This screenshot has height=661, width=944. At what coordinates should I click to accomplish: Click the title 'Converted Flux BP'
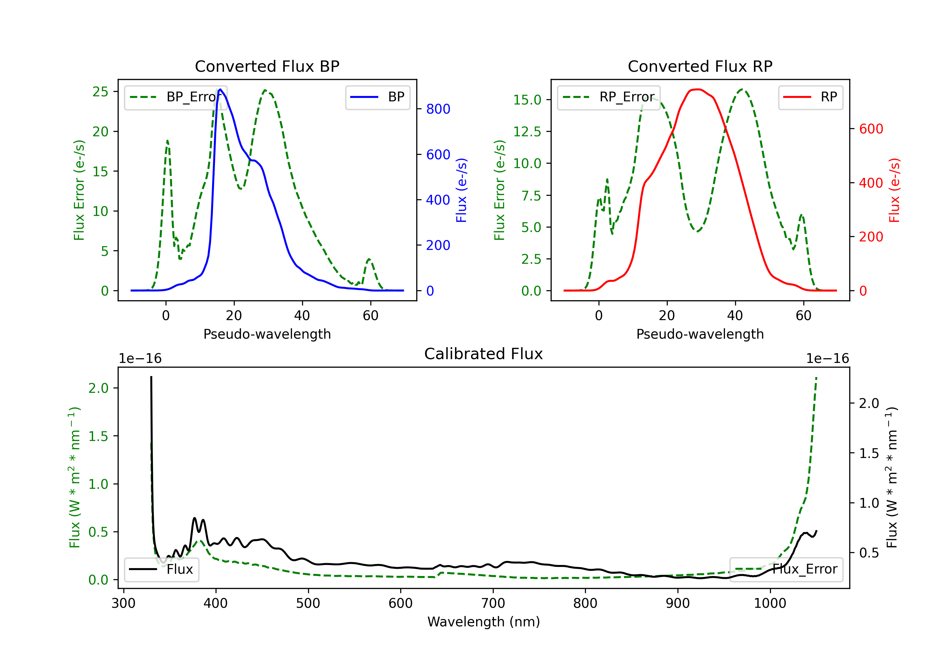coord(267,66)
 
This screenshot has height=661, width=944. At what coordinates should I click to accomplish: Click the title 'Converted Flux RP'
coord(700,66)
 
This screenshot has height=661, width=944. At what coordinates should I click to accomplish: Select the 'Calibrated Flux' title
coord(484,354)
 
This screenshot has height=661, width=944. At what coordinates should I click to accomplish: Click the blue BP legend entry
coord(377,97)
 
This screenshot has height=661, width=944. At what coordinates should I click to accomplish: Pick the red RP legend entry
coord(810,97)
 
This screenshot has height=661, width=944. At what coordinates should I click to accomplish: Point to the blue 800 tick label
coord(438,109)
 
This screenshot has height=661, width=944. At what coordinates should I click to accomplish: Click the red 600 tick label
coord(871,129)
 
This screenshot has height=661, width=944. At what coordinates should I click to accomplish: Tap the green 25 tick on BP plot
coord(100,91)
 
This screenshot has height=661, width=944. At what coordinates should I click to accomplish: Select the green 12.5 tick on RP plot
coord(527,132)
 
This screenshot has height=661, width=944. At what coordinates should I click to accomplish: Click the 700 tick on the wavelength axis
coord(492,603)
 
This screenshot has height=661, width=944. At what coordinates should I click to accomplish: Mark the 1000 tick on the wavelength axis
coord(770,603)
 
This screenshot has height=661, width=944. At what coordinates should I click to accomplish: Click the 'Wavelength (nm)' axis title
coord(484,622)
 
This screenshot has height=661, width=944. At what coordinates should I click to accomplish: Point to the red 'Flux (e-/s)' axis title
coord(895,190)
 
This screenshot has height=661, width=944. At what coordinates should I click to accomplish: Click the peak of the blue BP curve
coord(220,89)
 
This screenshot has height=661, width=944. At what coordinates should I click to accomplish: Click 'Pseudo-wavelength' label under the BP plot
coord(267,334)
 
